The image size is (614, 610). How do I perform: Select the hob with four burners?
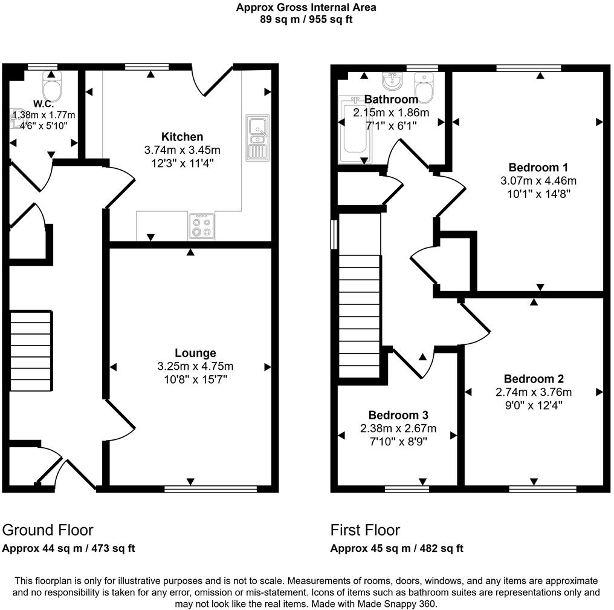[x=202, y=226]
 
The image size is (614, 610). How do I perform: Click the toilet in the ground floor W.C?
[x=53, y=89]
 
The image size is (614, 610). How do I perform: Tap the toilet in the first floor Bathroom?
[x=425, y=90]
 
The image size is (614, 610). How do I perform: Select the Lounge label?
[x=195, y=353]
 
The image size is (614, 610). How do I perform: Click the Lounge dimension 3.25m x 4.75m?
[x=195, y=366]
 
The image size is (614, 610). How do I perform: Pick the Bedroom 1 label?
[x=538, y=167]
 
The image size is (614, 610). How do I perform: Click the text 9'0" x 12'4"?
[x=534, y=405]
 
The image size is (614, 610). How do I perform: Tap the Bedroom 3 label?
[x=398, y=415]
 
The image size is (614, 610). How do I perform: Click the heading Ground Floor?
[x=48, y=530]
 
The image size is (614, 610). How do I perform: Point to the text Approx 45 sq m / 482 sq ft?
[x=396, y=549]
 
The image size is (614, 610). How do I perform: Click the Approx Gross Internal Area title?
[x=306, y=8]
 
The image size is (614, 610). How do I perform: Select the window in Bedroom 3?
[x=407, y=488]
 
